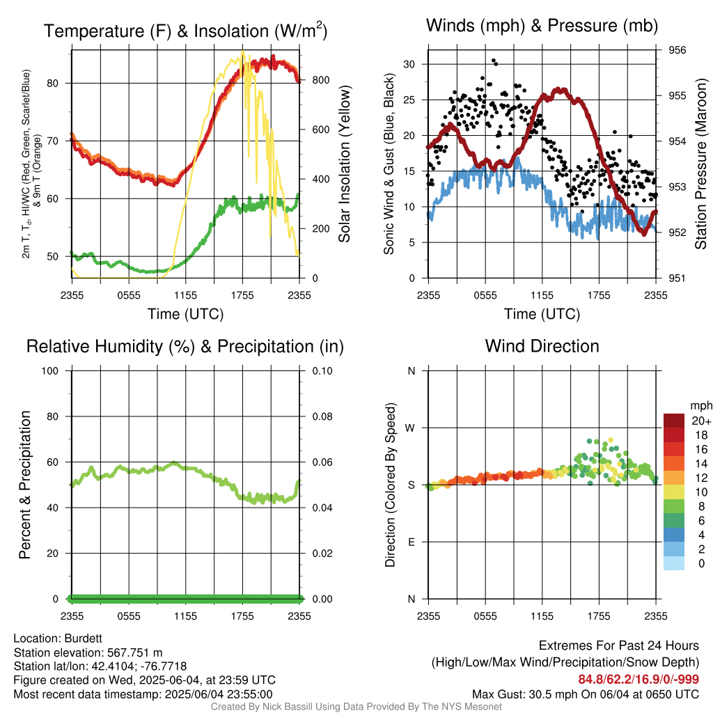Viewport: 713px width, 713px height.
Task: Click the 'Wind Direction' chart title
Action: coord(542,346)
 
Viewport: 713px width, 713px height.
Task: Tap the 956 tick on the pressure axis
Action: coord(677,50)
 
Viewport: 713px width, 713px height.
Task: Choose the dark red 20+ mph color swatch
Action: coord(674,421)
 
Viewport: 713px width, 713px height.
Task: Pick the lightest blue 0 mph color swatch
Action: coord(674,563)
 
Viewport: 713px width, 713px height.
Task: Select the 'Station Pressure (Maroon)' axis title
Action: coord(701,164)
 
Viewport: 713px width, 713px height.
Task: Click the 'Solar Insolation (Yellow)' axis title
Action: coord(344,164)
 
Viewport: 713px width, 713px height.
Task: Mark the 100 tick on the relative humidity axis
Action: coord(56,370)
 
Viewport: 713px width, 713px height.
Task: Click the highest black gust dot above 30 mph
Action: coord(494,61)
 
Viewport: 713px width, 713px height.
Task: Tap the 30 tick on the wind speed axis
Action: coord(409,64)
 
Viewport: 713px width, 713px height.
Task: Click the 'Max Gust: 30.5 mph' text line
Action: coord(585,694)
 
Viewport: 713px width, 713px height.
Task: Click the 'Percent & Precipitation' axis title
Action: coord(24,484)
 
